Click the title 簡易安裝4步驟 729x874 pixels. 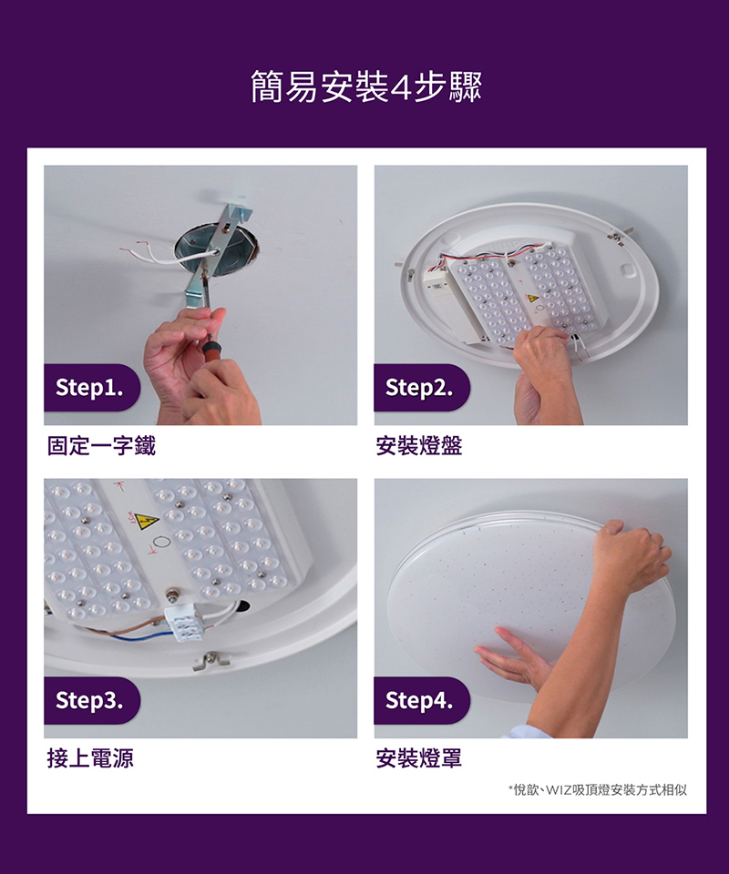pos(366,87)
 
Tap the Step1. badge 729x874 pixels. pos(91,388)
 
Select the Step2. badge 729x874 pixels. pos(422,388)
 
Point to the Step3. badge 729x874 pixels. pos(91,701)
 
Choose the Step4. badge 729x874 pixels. pos(422,701)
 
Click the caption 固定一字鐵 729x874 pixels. pos(101,446)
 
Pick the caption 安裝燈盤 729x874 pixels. pos(419,446)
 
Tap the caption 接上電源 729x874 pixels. pos(90,758)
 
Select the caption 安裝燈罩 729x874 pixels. pos(419,758)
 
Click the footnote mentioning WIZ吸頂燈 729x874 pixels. pos(598,790)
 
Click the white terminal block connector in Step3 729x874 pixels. pos(185,622)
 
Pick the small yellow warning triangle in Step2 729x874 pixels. pos(533,299)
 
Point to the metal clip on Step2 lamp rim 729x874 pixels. pos(617,237)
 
